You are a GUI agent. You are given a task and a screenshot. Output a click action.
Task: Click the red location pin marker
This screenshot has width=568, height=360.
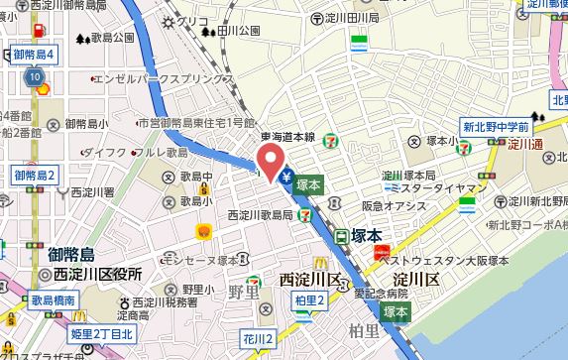(268, 160)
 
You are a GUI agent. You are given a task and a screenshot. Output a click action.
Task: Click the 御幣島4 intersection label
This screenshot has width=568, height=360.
(34, 53)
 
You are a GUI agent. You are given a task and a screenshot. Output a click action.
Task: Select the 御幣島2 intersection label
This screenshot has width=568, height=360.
(35, 176)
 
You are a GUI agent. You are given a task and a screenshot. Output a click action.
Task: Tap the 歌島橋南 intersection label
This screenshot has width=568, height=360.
(56, 298)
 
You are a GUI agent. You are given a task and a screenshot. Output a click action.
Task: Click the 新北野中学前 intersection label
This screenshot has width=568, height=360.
(495, 127)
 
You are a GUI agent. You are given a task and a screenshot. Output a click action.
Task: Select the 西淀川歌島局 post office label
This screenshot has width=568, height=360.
(260, 213)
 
